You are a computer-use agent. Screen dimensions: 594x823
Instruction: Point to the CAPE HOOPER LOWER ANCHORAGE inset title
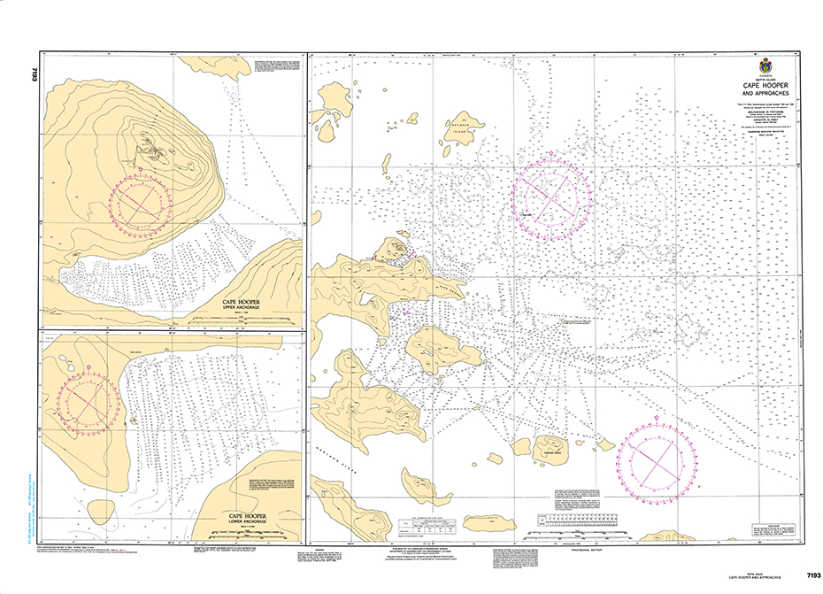[x=249, y=517]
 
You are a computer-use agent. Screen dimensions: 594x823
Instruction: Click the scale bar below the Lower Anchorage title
[x=249, y=532]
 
